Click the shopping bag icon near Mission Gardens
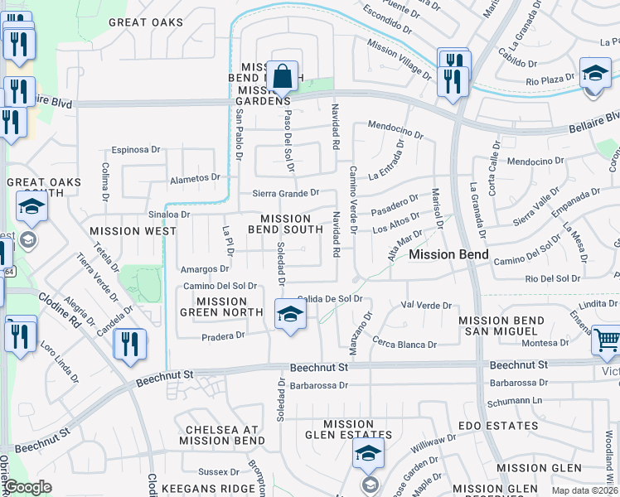click(x=283, y=76)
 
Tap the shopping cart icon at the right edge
click(x=607, y=340)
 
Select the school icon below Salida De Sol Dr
click(x=290, y=315)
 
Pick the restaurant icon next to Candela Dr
click(x=129, y=345)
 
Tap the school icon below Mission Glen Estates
click(x=368, y=454)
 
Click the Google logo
click(x=28, y=488)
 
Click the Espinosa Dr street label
click(x=136, y=150)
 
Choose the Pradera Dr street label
click(x=223, y=335)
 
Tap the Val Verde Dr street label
click(x=424, y=305)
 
